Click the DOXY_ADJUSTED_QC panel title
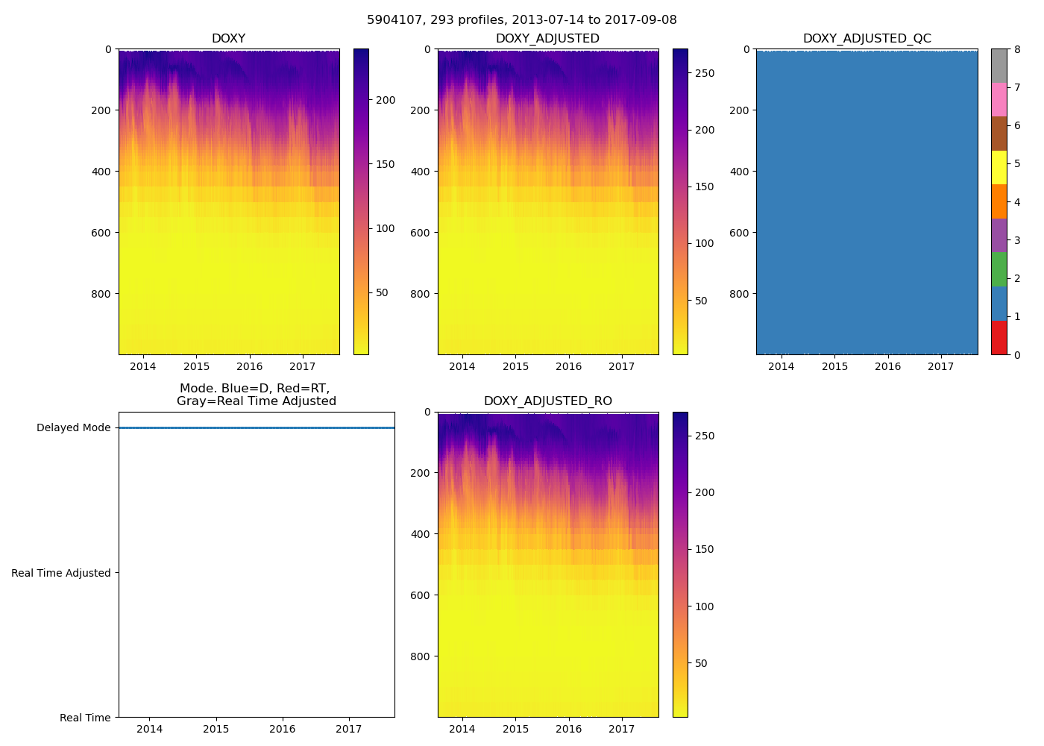click(x=867, y=39)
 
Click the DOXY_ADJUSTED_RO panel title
click(x=547, y=401)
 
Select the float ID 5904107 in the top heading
click(x=393, y=20)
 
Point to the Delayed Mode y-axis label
click(x=73, y=428)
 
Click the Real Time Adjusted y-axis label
click(x=60, y=573)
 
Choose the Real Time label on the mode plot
click(x=85, y=718)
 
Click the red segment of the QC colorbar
click(x=999, y=338)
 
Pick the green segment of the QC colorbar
click(x=999, y=269)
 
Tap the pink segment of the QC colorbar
click(x=999, y=99)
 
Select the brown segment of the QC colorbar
click(x=999, y=134)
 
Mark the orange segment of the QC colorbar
click(x=999, y=201)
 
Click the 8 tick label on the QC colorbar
click(x=1017, y=50)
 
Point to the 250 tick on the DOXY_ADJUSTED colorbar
click(x=704, y=73)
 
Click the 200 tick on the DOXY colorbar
click(x=385, y=100)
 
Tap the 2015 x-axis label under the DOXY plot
click(x=196, y=366)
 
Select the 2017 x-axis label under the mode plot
click(x=348, y=729)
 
